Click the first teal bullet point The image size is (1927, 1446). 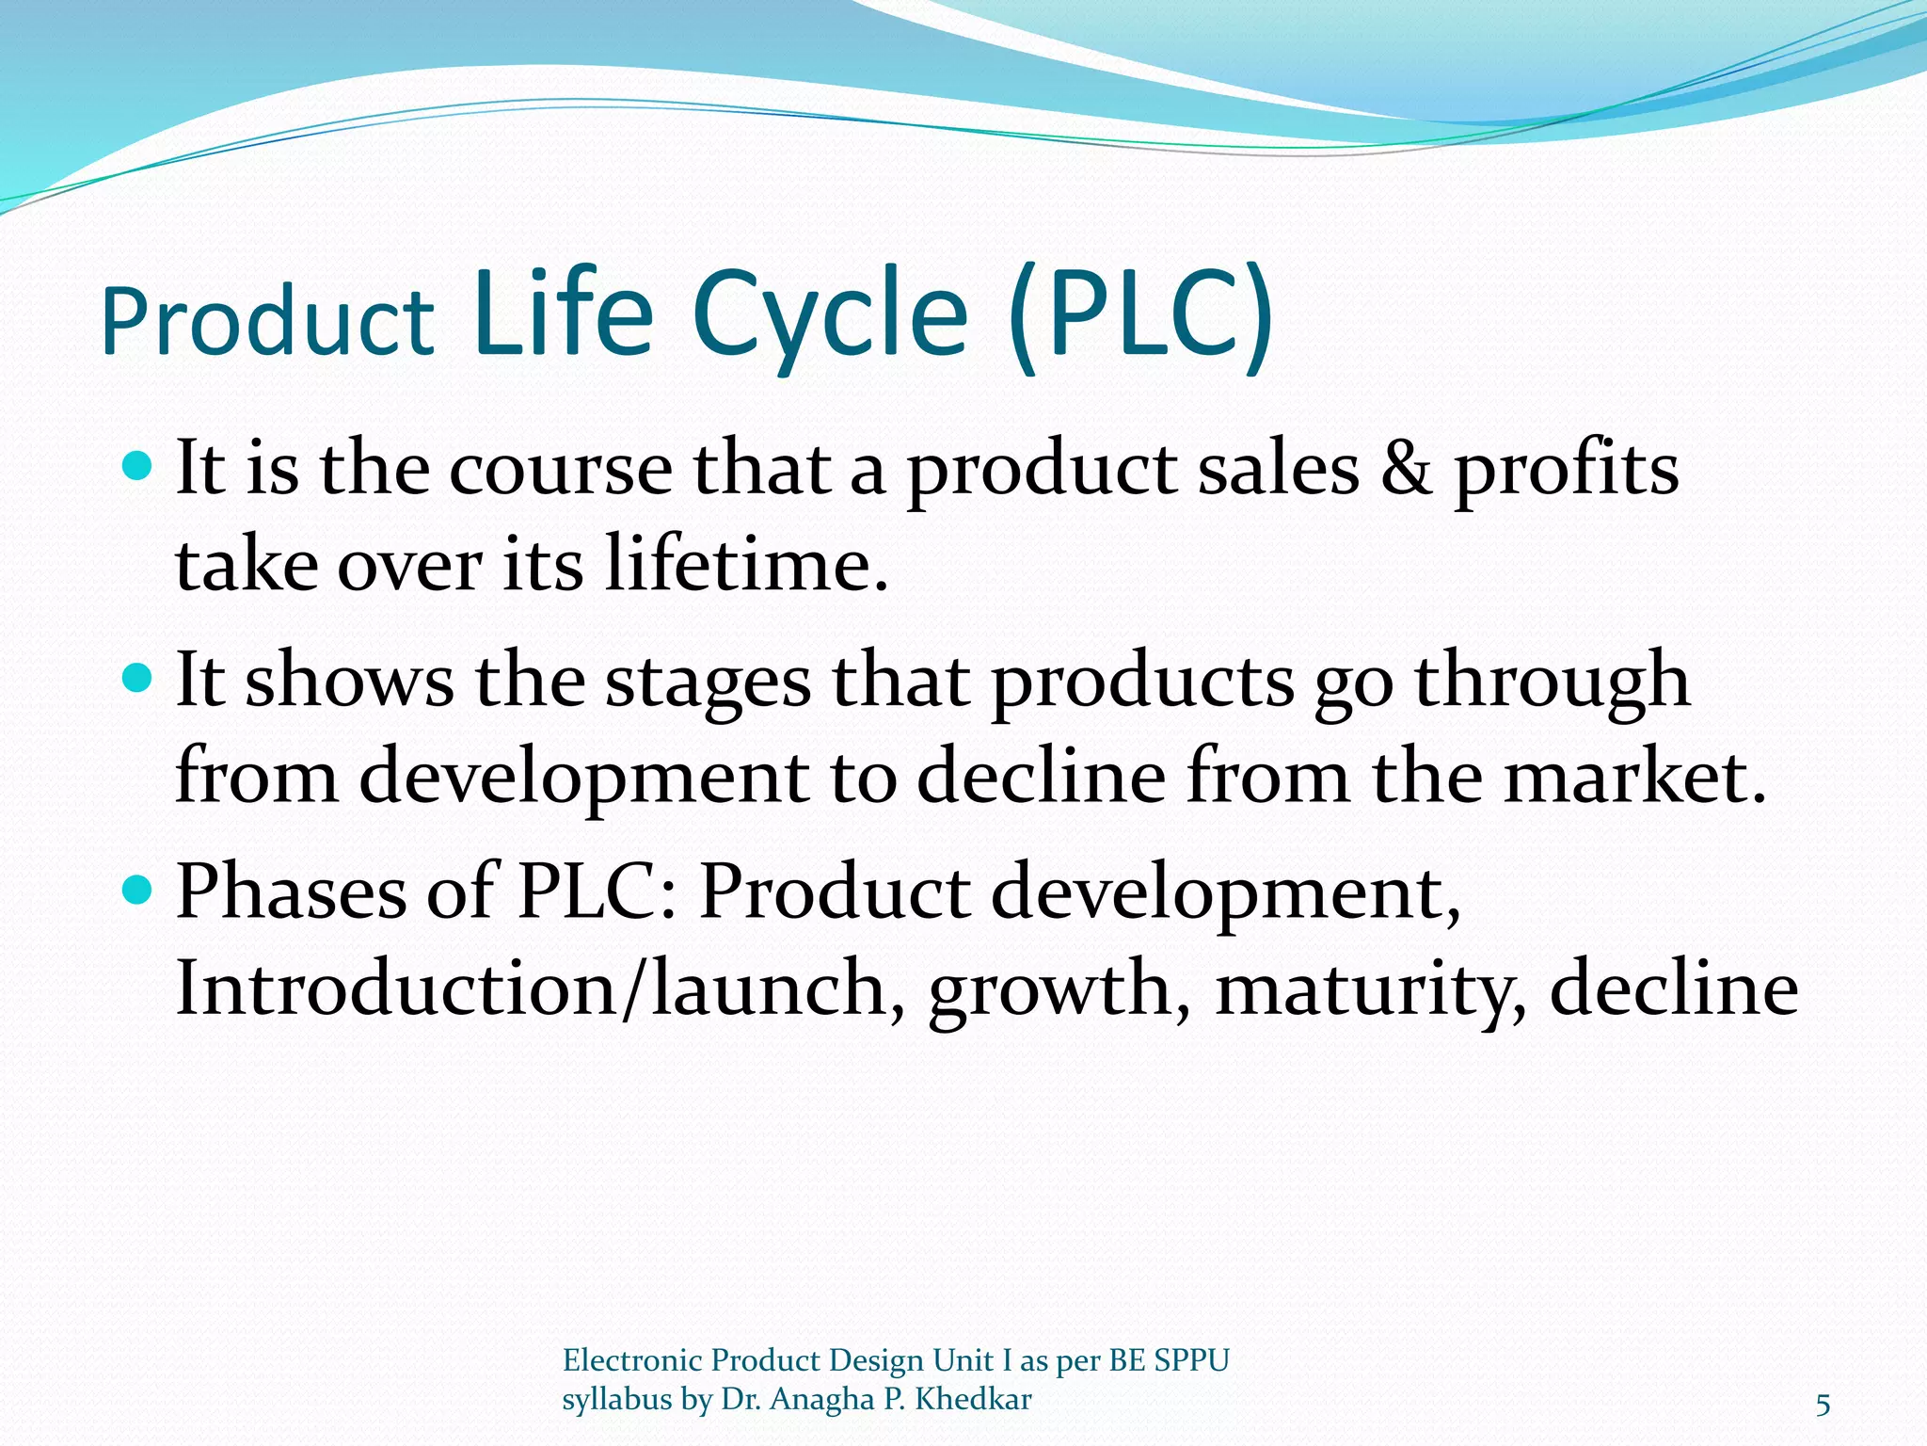[138, 465]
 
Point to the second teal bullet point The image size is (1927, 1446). [138, 677]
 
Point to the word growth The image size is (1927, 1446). [1058, 990]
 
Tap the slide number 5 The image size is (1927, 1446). [1823, 1406]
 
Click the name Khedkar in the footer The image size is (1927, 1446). [973, 1399]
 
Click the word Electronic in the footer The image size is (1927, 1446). [632, 1360]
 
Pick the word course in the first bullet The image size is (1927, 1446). [561, 469]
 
